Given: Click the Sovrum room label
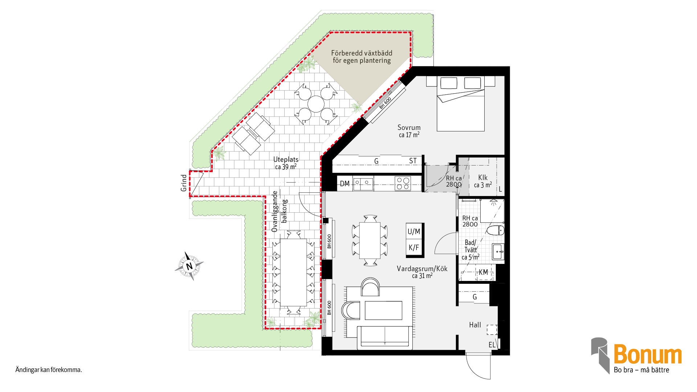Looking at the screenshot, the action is [x=409, y=127].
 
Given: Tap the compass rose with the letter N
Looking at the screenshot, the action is [x=189, y=266].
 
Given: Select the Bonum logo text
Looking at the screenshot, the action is [x=648, y=354].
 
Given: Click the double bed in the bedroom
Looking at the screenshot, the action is [x=460, y=103].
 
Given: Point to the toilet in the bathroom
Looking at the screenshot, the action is [x=496, y=230].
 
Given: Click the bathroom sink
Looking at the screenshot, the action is [x=498, y=252].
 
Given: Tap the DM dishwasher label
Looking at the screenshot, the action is [x=345, y=184].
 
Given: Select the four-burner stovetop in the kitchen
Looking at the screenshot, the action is [x=403, y=183].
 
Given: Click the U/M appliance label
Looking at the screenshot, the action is [x=414, y=232].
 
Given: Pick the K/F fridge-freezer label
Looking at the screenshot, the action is [x=414, y=248].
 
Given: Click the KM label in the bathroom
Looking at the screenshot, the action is [x=483, y=272].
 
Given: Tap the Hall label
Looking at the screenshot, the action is [x=475, y=325].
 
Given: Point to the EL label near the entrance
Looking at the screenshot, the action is [x=492, y=345].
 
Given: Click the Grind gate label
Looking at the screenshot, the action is [x=184, y=183].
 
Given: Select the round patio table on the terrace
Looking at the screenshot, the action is [x=316, y=104].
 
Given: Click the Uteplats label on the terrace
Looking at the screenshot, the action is [x=286, y=159].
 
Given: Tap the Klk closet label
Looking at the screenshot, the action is [x=483, y=177].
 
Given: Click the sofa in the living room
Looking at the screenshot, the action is [x=385, y=338].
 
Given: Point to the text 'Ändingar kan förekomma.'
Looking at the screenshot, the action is [x=49, y=370].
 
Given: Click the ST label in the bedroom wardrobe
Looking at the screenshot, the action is [x=413, y=161].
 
